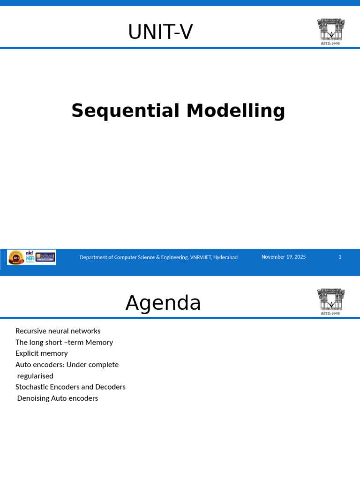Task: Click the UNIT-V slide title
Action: pyautogui.click(x=160, y=32)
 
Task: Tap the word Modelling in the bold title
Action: pyautogui.click(x=235, y=111)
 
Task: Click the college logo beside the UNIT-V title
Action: pyautogui.click(x=330, y=30)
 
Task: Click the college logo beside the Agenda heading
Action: pyautogui.click(x=330, y=300)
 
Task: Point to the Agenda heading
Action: pyautogui.click(x=163, y=303)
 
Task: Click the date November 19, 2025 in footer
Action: pyautogui.click(x=284, y=257)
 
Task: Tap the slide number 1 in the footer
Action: pyautogui.click(x=340, y=257)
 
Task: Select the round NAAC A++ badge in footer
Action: pyautogui.click(x=16, y=257)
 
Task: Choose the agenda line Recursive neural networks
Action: pyautogui.click(x=58, y=331)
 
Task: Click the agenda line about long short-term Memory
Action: pyautogui.click(x=64, y=342)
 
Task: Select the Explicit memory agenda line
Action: pyautogui.click(x=41, y=353)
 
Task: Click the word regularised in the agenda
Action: pyautogui.click(x=35, y=376)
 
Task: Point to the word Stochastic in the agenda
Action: pyautogui.click(x=31, y=387)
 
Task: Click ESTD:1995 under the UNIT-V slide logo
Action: pyautogui.click(x=330, y=44)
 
